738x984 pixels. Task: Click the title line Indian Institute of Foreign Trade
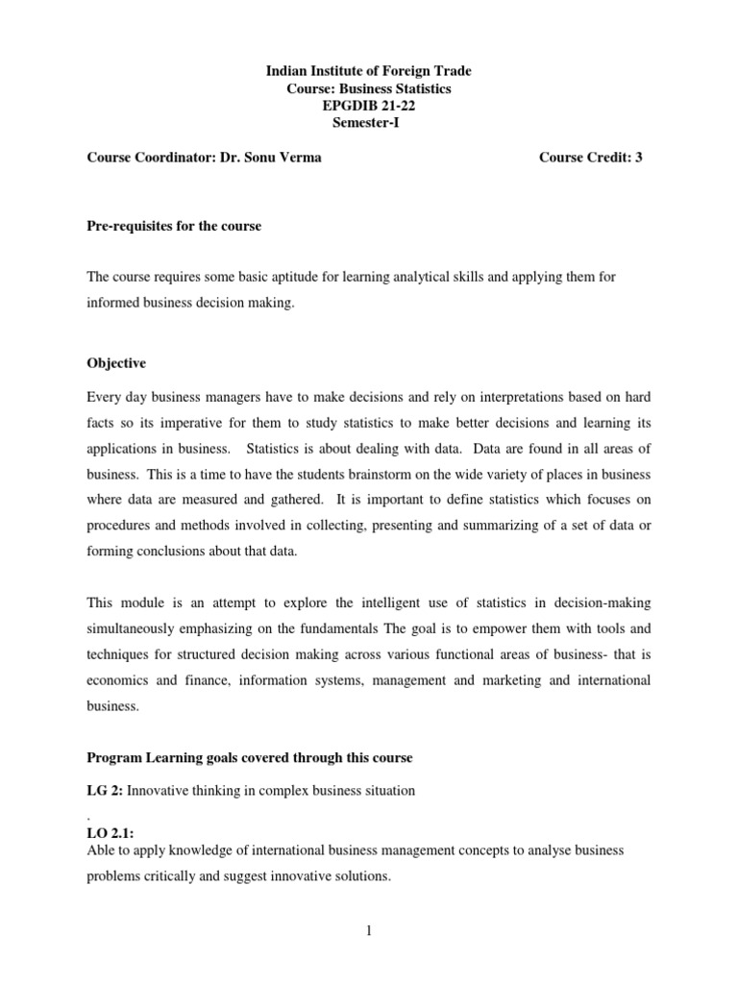[369, 71]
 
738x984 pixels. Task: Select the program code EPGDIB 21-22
[369, 106]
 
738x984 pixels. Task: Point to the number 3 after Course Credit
[637, 158]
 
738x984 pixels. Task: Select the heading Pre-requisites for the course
[174, 226]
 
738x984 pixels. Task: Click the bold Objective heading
[116, 364]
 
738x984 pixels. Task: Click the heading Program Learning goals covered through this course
[250, 758]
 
